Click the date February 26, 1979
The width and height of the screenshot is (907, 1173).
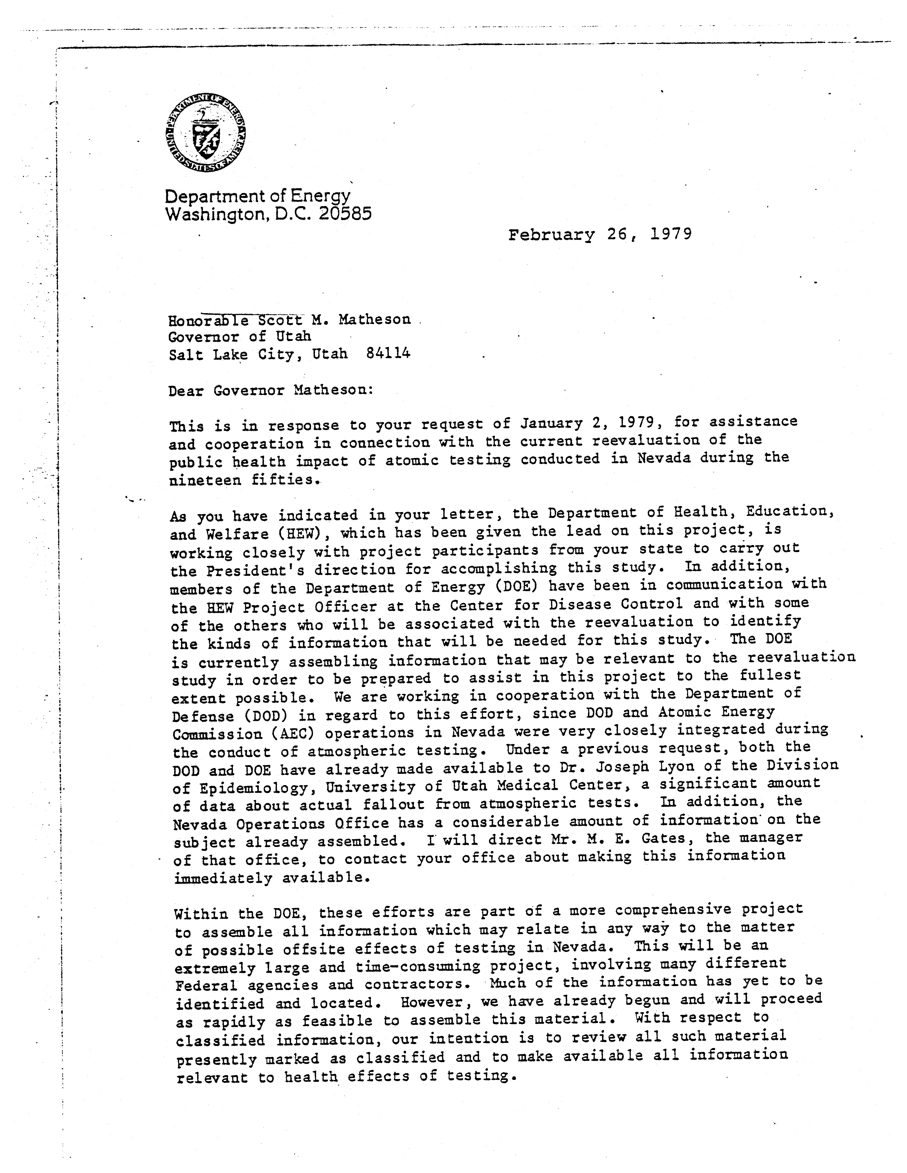[x=600, y=235]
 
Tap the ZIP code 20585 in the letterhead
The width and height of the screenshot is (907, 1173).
[x=344, y=214]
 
